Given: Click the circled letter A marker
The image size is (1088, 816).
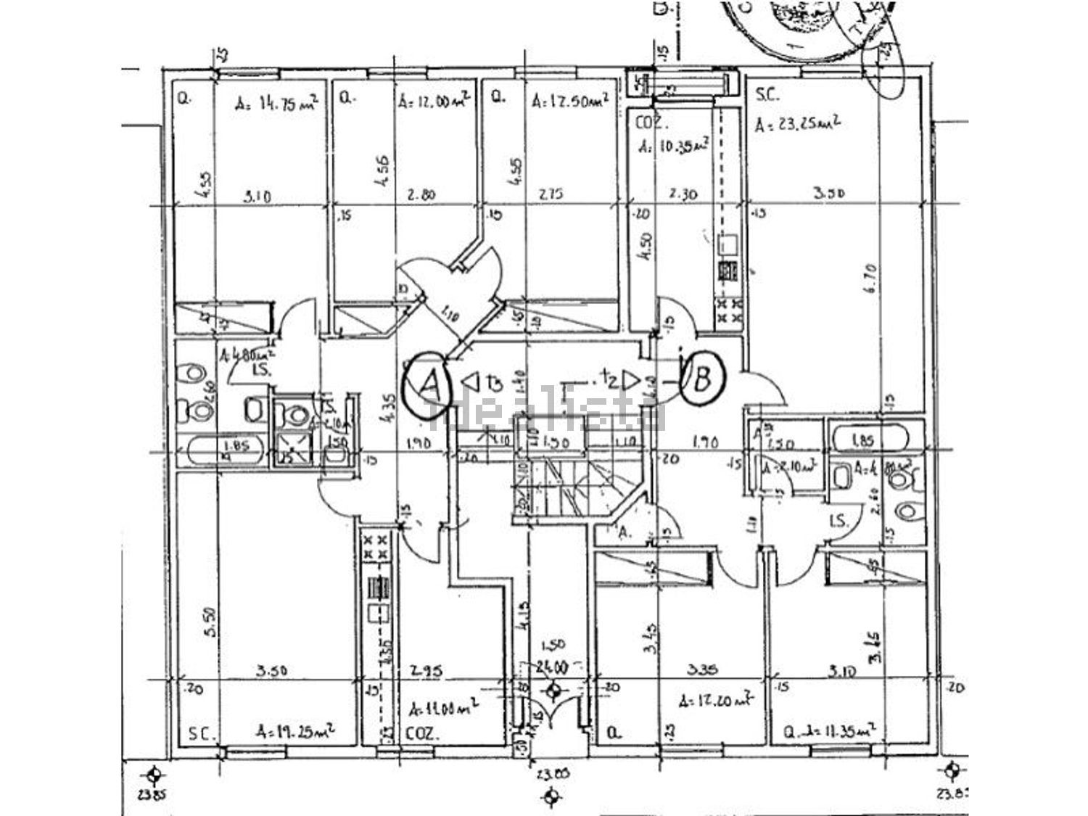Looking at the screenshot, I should pyautogui.click(x=429, y=384).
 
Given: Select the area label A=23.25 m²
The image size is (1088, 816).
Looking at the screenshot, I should pyautogui.click(x=798, y=124).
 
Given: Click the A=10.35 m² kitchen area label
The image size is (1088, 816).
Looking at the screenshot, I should pyautogui.click(x=673, y=146).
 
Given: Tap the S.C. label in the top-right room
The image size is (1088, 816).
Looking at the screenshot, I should pyautogui.click(x=767, y=94).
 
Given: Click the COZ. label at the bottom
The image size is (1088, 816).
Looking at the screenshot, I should pyautogui.click(x=423, y=734).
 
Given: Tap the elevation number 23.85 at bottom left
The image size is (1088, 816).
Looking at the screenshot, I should pyautogui.click(x=151, y=794).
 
